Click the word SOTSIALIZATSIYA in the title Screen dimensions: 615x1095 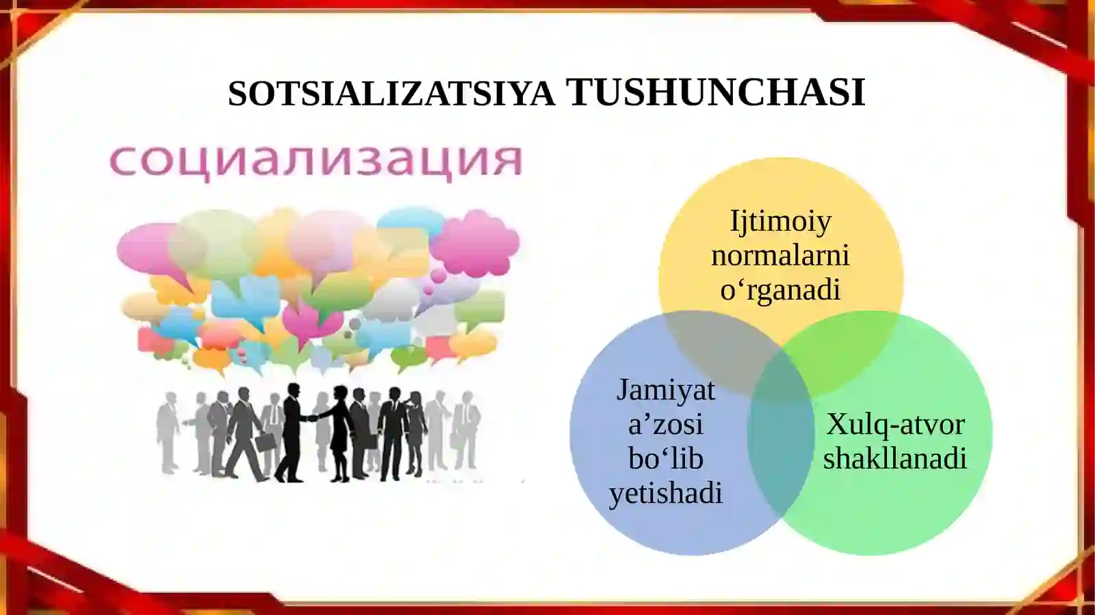391,93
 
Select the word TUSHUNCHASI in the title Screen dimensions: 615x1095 715,93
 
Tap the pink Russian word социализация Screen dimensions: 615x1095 316,161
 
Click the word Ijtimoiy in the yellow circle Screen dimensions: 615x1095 780,221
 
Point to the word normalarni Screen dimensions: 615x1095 780,255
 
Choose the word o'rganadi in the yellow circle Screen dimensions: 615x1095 780,289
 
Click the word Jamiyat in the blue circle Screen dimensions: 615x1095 665,390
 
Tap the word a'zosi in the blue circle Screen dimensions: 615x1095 665,424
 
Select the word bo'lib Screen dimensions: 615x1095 665,458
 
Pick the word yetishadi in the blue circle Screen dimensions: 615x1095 665,493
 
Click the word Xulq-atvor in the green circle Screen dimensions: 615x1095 895,424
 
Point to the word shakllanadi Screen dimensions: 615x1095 895,458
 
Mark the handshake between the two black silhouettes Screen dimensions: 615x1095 312,418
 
